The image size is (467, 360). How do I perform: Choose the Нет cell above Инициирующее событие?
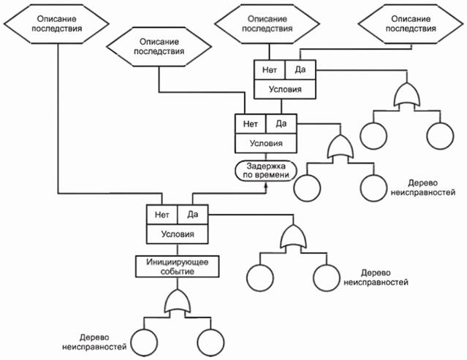tap(159, 215)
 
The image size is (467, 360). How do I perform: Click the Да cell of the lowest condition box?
tap(193, 215)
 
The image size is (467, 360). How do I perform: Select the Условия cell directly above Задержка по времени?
tap(267, 142)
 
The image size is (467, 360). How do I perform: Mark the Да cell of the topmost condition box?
tap(300, 71)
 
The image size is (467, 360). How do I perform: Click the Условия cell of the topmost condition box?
tap(284, 89)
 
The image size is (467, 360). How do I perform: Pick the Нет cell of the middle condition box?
tap(250, 123)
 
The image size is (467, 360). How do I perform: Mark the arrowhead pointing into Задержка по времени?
tap(267, 186)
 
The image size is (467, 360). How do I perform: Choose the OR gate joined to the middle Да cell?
tap(341, 148)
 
